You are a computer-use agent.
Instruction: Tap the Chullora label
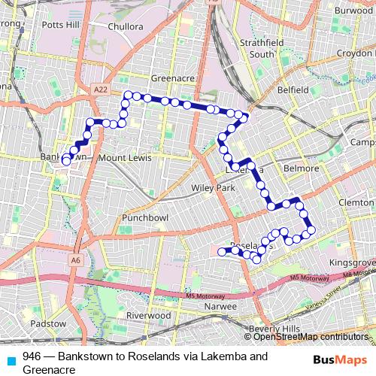point(125,26)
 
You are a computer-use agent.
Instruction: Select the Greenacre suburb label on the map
point(173,77)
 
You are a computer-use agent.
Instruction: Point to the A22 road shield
point(101,89)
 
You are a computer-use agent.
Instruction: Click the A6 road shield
point(75,260)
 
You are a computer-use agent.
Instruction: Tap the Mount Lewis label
point(125,158)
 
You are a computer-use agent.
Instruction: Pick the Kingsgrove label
point(351,262)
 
